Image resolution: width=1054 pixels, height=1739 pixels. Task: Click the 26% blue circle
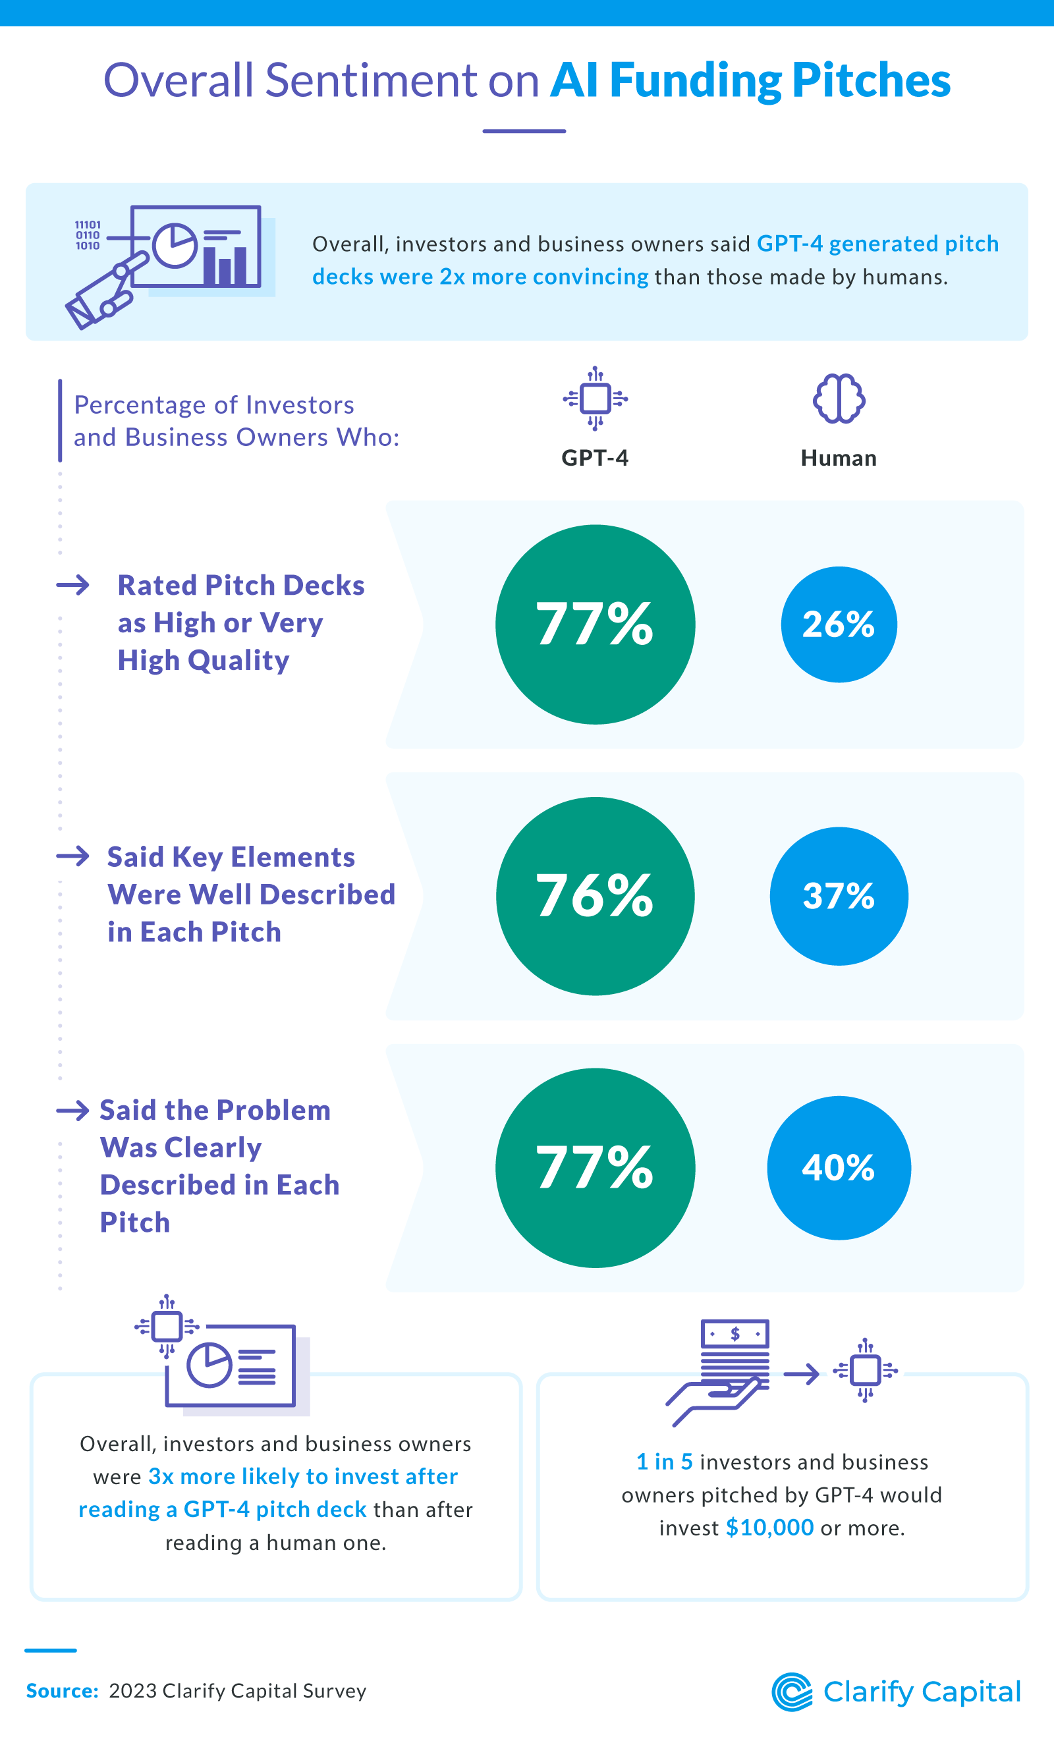point(838,624)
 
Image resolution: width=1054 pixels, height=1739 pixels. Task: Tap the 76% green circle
point(595,896)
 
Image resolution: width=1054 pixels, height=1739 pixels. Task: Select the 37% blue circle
point(838,896)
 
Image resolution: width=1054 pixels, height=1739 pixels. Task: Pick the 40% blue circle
point(838,1167)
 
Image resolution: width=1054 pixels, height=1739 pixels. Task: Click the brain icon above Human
point(838,399)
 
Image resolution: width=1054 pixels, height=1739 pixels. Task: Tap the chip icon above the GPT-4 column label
point(595,399)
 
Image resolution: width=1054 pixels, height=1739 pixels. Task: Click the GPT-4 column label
point(594,458)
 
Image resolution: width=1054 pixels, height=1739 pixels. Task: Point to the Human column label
point(838,458)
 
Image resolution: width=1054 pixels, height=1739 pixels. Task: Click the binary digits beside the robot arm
point(88,235)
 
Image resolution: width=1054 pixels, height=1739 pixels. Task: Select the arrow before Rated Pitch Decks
point(72,585)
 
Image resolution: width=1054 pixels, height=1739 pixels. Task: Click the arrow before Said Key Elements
point(72,856)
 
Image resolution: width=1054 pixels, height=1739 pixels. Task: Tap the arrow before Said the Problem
point(72,1110)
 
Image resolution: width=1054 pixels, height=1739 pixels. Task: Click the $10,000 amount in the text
point(769,1528)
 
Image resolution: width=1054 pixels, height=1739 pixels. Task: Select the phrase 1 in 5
point(664,1462)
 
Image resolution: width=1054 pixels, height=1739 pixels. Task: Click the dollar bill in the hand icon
point(735,1333)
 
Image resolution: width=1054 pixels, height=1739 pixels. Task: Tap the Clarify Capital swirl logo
point(792,1692)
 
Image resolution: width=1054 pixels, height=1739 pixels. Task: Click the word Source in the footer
point(61,1691)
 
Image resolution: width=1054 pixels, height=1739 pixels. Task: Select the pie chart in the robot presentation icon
point(175,246)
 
